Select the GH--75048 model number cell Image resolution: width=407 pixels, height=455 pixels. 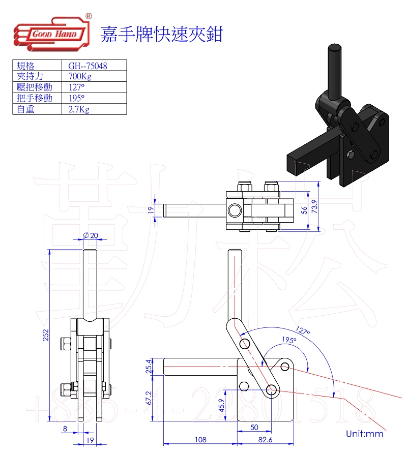tap(88, 66)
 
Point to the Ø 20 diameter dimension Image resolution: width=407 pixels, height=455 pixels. tap(90, 235)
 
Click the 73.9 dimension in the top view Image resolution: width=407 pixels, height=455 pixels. tap(315, 206)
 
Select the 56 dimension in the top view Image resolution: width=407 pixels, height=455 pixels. tap(304, 209)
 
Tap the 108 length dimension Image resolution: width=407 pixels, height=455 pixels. tap(201, 440)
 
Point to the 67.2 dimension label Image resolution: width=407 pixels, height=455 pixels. tap(149, 398)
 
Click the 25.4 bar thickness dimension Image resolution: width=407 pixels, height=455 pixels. tap(149, 366)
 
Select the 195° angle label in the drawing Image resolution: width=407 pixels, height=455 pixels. tap(288, 340)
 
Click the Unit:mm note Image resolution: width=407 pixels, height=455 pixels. tap(364, 434)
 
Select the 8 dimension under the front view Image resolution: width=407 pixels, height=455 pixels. tap(65, 429)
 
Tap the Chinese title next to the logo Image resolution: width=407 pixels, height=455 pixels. tap(162, 34)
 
